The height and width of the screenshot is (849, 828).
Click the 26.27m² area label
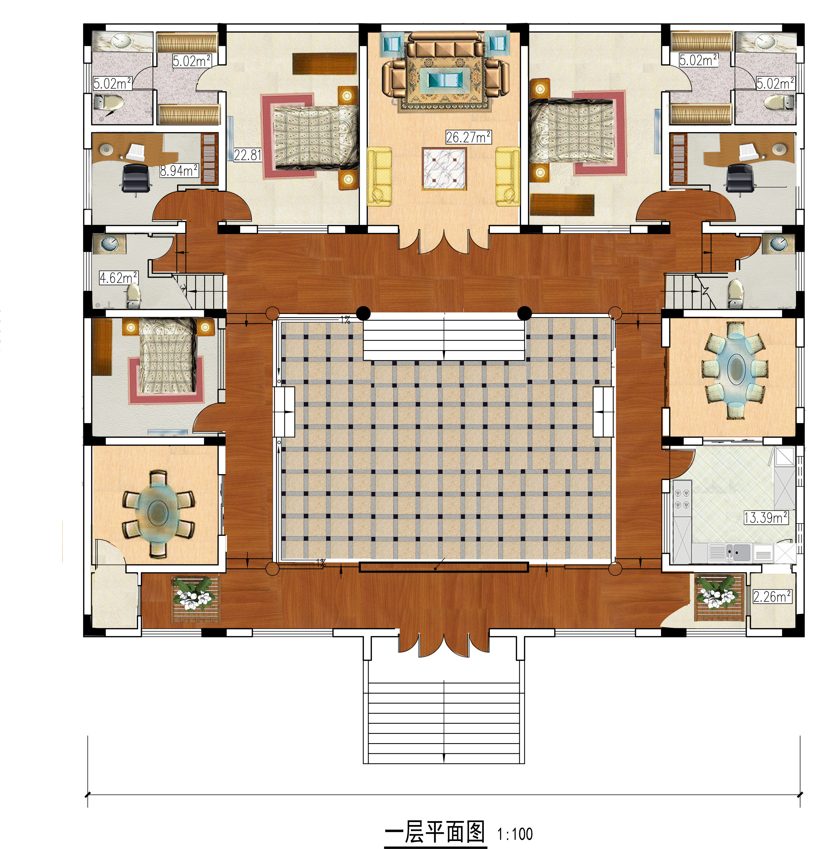pos(468,137)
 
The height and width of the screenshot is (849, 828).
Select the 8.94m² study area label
pos(179,170)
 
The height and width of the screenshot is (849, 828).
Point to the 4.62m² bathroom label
pos(119,277)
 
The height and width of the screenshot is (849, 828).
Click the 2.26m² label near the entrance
pos(772,596)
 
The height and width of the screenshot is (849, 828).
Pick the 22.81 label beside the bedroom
pos(247,155)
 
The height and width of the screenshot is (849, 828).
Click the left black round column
pos(363,313)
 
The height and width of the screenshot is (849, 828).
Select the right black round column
pos(525,313)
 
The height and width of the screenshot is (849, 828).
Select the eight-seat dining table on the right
pos(734,370)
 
